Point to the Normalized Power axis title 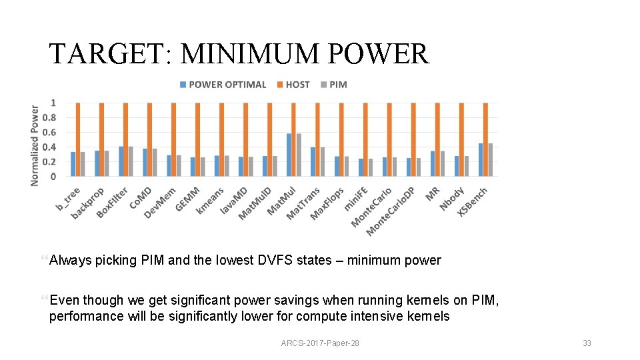(35, 145)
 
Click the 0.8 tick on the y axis (49, 117)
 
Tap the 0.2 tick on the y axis (49, 161)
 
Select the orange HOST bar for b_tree (78, 140)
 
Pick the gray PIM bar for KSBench (491, 160)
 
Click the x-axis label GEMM (187, 199)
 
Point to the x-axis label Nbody (451, 199)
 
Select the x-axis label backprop (88, 203)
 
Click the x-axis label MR (433, 193)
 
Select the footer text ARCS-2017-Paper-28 (320, 343)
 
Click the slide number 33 (587, 343)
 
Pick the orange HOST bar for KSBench (485, 140)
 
